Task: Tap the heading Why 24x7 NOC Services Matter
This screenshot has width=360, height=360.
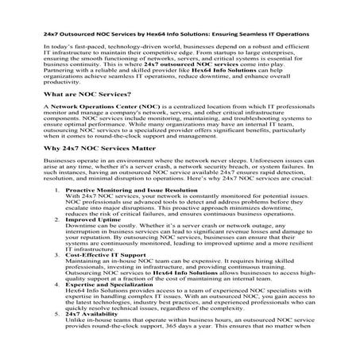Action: (x=97, y=171)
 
